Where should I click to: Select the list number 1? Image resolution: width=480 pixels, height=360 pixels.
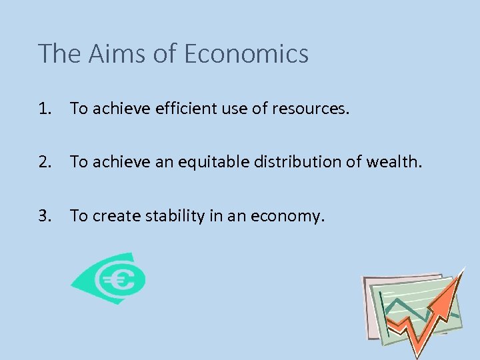[45, 108]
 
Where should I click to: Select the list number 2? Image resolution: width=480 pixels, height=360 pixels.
[45, 161]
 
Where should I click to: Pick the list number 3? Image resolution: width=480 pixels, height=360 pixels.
[45, 215]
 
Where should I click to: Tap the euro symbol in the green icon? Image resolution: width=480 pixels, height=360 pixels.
[120, 280]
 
